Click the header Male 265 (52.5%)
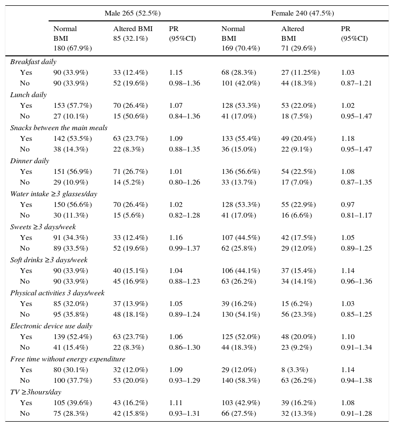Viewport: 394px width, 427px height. click(x=133, y=13)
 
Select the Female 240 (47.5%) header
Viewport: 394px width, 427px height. click(x=302, y=13)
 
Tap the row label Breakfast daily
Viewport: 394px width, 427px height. click(x=33, y=62)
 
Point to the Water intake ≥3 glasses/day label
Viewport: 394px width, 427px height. click(x=53, y=194)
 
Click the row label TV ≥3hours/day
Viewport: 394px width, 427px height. click(x=35, y=392)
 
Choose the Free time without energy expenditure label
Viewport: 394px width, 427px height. click(x=68, y=359)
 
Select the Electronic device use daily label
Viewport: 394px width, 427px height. click(x=51, y=326)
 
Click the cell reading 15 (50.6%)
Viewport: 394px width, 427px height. click(x=130, y=116)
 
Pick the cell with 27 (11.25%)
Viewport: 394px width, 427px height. click(x=300, y=72)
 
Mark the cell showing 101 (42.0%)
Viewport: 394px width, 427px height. click(x=240, y=83)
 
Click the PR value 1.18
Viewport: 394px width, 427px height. click(x=348, y=138)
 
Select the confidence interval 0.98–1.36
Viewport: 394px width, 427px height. click(x=184, y=83)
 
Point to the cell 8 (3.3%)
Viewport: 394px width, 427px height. click(x=294, y=370)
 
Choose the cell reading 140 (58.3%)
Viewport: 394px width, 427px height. click(x=240, y=380)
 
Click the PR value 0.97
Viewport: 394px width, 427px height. click(x=348, y=205)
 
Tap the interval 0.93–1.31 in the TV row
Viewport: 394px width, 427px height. click(x=184, y=413)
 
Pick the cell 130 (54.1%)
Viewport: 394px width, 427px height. click(x=240, y=314)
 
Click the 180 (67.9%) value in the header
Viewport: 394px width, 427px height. click(x=72, y=48)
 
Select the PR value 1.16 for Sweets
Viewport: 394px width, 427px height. click(x=176, y=238)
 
